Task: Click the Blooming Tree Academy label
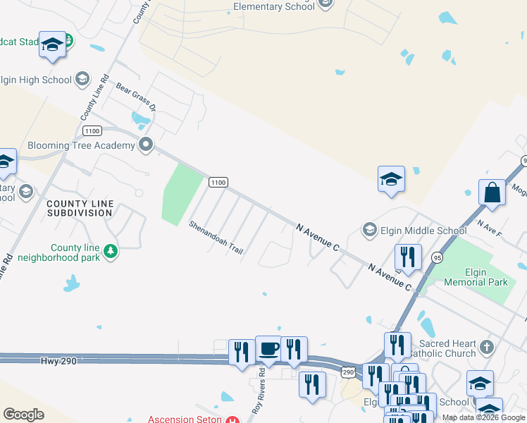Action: [80, 145]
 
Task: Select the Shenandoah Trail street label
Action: [216, 239]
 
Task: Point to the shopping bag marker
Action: [492, 193]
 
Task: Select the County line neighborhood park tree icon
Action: [110, 251]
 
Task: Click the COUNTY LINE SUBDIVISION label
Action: [80, 208]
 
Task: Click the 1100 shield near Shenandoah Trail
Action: [218, 183]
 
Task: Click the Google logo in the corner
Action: [23, 415]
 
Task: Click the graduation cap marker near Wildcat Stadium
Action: [52, 45]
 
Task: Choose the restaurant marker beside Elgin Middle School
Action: [408, 258]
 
